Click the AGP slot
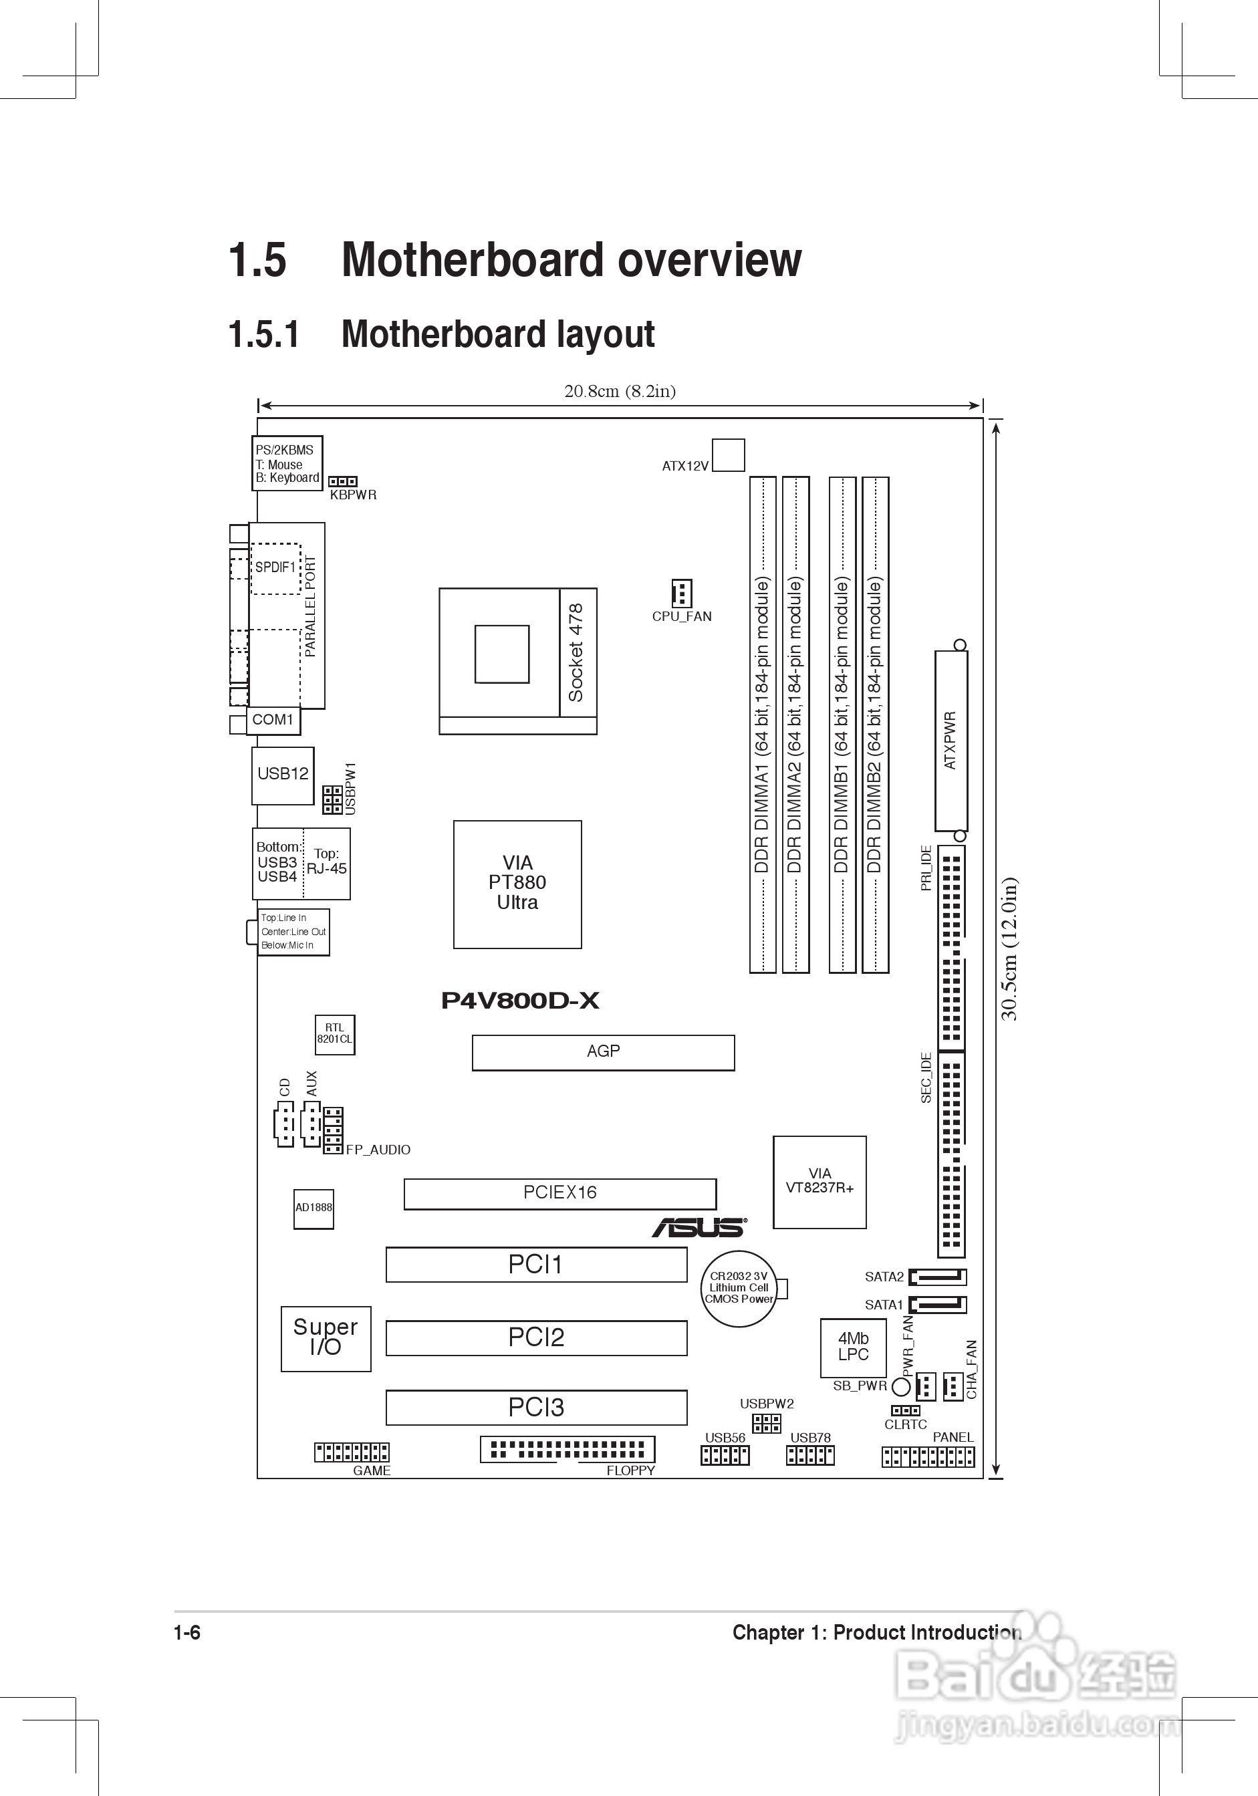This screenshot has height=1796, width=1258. [602, 1052]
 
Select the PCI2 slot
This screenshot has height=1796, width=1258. [536, 1337]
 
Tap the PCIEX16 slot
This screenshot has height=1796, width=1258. [559, 1193]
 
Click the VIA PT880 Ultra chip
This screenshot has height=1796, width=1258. [517, 884]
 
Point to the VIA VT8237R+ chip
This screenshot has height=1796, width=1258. [819, 1182]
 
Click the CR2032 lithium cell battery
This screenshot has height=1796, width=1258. [739, 1288]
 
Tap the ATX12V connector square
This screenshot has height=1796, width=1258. [729, 455]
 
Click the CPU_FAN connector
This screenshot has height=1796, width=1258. [681, 594]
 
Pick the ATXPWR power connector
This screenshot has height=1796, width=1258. [951, 741]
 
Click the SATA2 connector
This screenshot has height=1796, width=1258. [937, 1277]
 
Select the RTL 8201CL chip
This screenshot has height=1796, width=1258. [335, 1034]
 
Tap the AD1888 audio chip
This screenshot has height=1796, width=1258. [313, 1208]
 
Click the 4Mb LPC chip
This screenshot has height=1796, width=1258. [853, 1347]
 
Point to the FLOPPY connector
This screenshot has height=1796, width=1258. [568, 1450]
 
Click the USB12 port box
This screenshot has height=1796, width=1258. [283, 775]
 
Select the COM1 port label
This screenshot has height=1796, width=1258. [273, 720]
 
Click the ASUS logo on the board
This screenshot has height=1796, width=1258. [699, 1227]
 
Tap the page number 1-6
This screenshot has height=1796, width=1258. [187, 1632]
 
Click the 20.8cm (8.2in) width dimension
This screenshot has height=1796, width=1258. [620, 391]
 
